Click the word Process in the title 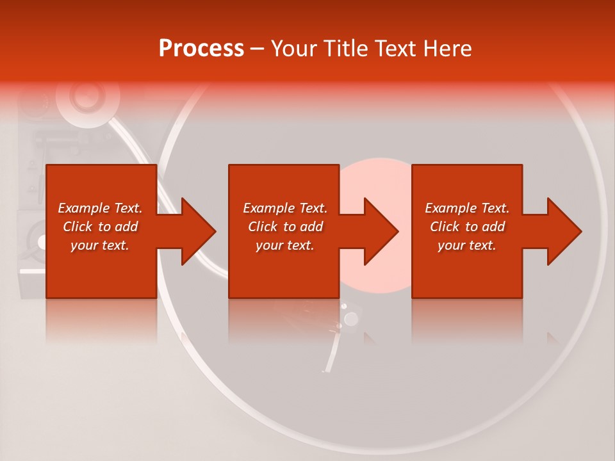coord(201,49)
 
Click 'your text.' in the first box coord(100,245)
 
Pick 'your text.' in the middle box coord(285,245)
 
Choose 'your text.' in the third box coord(467,245)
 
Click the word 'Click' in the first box coord(78,227)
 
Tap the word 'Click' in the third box coord(445,227)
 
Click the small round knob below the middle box coord(350,319)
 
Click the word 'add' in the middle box coord(311,227)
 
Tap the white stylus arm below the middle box coord(332,352)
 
